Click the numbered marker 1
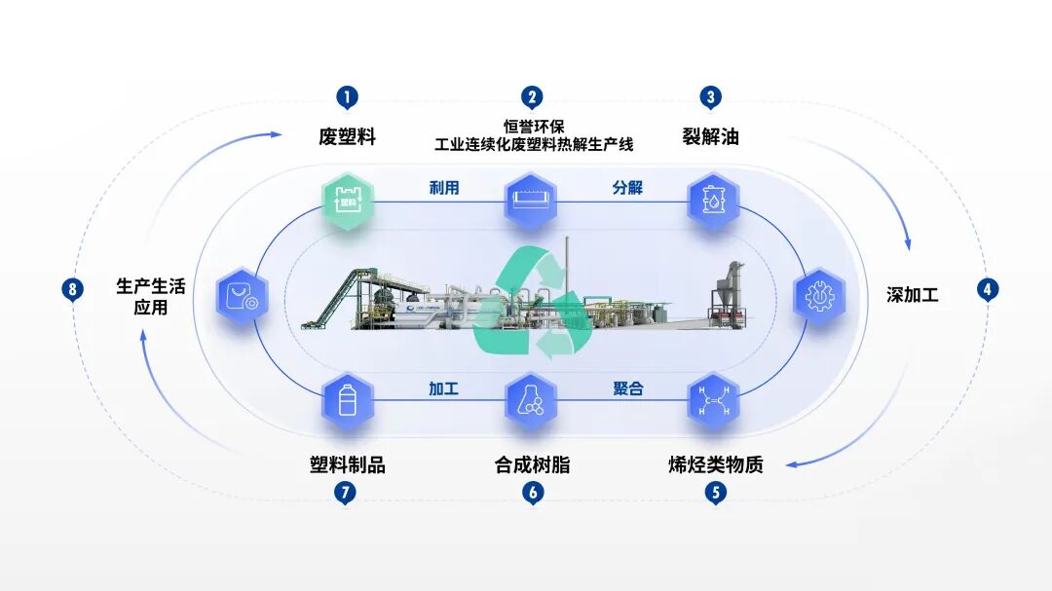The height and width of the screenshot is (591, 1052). coord(348,97)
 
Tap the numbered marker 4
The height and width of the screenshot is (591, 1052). coord(988,289)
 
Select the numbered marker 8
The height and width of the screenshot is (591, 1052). coord(72,289)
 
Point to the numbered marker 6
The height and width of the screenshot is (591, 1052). coord(532,493)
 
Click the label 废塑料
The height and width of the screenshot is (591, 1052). coord(347,136)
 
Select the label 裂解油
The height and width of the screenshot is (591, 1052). coord(711,136)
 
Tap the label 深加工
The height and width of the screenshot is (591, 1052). coord(913,294)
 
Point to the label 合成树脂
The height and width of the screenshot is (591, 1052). coord(532,464)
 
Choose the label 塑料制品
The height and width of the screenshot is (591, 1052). coord(347,464)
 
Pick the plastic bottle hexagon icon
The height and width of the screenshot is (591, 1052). coord(348,399)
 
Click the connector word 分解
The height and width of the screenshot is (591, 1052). coord(627,187)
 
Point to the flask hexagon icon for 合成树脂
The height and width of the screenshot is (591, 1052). coord(532,399)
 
